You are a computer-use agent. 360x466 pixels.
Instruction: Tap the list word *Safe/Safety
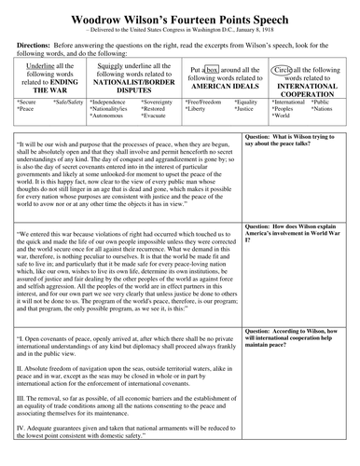(68, 101)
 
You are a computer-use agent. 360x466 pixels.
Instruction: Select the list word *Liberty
(196, 108)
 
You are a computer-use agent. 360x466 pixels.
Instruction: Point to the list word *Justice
(245, 108)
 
